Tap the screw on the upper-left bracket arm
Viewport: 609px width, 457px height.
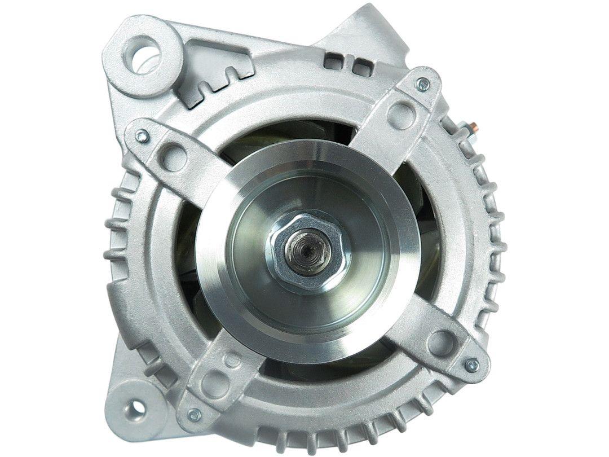click(143, 135)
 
